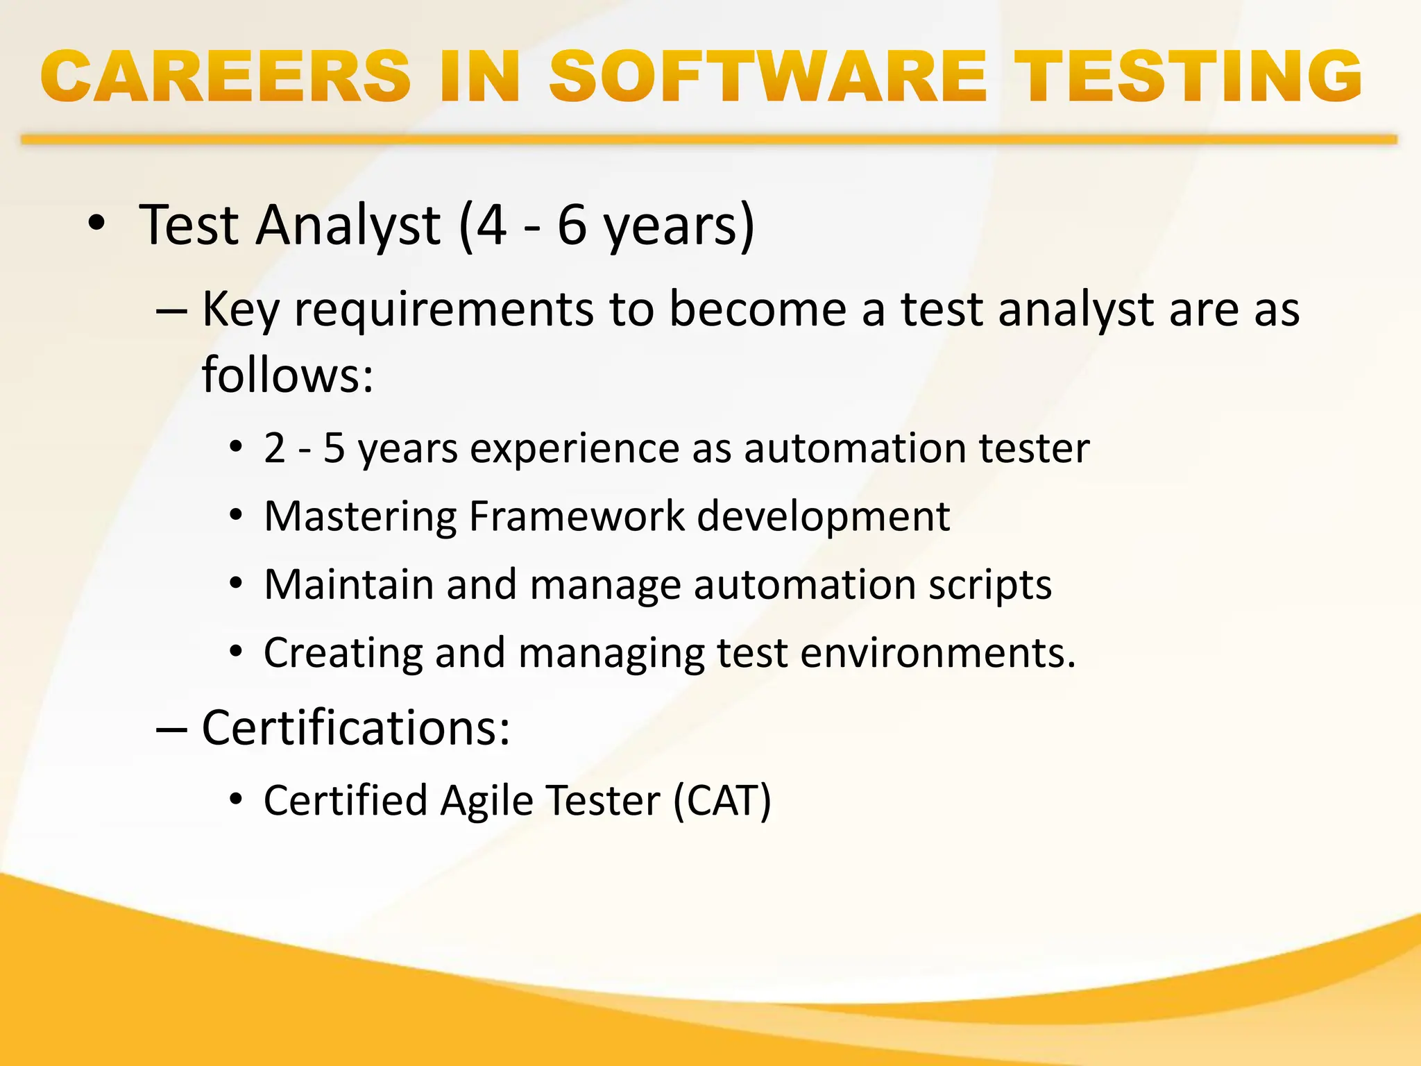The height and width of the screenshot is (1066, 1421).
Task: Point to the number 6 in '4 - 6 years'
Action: pyautogui.click(x=572, y=226)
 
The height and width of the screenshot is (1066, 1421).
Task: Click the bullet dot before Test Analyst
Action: pyautogui.click(x=96, y=223)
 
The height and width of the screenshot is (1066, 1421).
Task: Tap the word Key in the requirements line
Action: pyautogui.click(x=240, y=309)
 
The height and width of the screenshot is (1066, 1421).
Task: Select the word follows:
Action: pyautogui.click(x=287, y=375)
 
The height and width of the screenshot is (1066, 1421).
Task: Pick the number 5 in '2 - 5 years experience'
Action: pyautogui.click(x=334, y=448)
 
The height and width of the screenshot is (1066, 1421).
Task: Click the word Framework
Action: pyautogui.click(x=577, y=516)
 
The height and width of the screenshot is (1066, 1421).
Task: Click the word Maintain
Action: pyautogui.click(x=348, y=584)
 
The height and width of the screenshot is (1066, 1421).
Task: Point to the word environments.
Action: pyautogui.click(x=937, y=653)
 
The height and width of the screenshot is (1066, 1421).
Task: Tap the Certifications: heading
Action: pyautogui.click(x=356, y=728)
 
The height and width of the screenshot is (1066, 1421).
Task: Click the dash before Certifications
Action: pyautogui.click(x=171, y=729)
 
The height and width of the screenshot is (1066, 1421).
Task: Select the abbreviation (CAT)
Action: pyautogui.click(x=722, y=801)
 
